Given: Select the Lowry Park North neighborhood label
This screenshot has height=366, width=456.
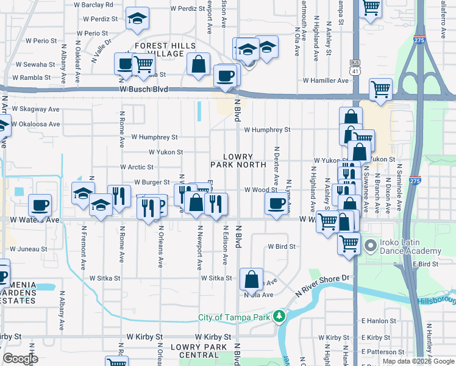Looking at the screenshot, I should click(238, 160).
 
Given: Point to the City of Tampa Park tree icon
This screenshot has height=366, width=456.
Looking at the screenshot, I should click(279, 317).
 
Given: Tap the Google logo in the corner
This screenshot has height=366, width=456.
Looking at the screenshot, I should click(20, 359).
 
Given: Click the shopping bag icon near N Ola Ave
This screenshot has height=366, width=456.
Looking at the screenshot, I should click(251, 280).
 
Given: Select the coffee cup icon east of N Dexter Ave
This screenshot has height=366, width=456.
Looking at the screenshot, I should click(277, 204).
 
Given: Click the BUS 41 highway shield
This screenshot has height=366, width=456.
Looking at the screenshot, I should click(355, 66).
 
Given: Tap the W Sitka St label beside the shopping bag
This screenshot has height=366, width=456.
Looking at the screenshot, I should click(217, 278).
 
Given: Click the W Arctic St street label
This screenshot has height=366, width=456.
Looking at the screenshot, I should click(137, 167).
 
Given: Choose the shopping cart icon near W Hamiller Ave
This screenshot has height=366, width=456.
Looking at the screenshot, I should click(380, 89).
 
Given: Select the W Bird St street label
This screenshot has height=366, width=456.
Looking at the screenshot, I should click(282, 247).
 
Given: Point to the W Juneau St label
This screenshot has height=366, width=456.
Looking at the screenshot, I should click(28, 249).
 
